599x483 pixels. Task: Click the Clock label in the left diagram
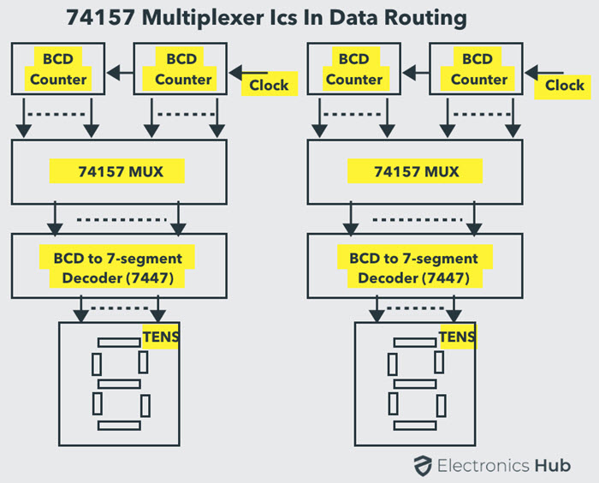(x=268, y=85)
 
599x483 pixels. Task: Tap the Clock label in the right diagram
(x=564, y=85)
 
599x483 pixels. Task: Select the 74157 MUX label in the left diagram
(x=118, y=171)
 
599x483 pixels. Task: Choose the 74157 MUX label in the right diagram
(x=416, y=171)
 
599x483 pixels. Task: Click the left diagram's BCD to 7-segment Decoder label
(x=116, y=266)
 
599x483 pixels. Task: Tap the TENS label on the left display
(x=161, y=337)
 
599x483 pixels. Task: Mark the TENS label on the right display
(x=456, y=337)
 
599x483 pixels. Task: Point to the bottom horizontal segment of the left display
(x=118, y=425)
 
